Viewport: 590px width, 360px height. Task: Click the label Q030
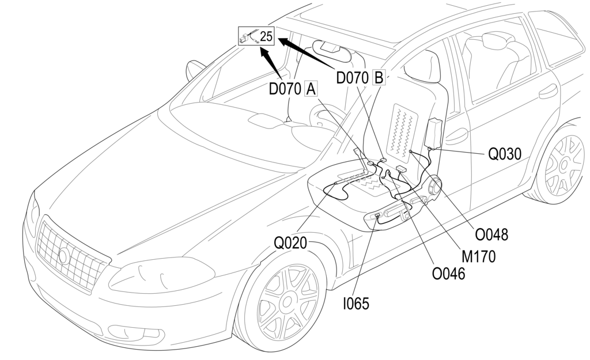point(505,154)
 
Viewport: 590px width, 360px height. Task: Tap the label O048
point(491,234)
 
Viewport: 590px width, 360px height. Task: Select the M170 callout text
point(478,256)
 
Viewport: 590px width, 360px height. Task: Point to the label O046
point(449,272)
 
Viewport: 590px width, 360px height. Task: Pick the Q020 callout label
point(290,243)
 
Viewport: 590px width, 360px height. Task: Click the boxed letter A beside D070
point(311,89)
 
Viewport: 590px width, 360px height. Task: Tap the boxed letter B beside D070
point(379,77)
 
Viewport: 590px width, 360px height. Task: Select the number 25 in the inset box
point(266,36)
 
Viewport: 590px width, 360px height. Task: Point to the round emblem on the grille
point(64,256)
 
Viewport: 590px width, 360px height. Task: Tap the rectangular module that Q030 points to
point(434,132)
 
